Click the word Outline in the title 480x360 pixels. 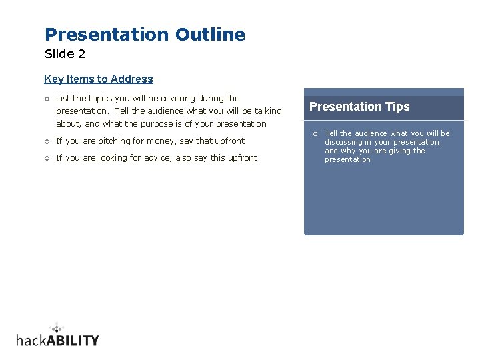click(210, 35)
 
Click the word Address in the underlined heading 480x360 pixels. click(132, 79)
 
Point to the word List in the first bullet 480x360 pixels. click(63, 98)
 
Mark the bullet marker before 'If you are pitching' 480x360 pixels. click(47, 141)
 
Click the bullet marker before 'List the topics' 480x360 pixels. click(47, 99)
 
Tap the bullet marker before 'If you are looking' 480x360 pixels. click(47, 158)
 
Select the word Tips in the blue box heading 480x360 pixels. click(397, 107)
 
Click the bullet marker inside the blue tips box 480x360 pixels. click(315, 134)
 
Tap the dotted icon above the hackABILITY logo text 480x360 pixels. click(57, 327)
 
